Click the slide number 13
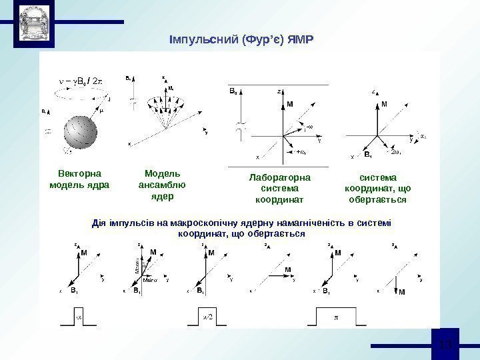[x=447, y=345]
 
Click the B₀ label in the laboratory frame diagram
[x=233, y=89]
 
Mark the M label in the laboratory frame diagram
[x=290, y=103]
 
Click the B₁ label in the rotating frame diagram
[x=367, y=154]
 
